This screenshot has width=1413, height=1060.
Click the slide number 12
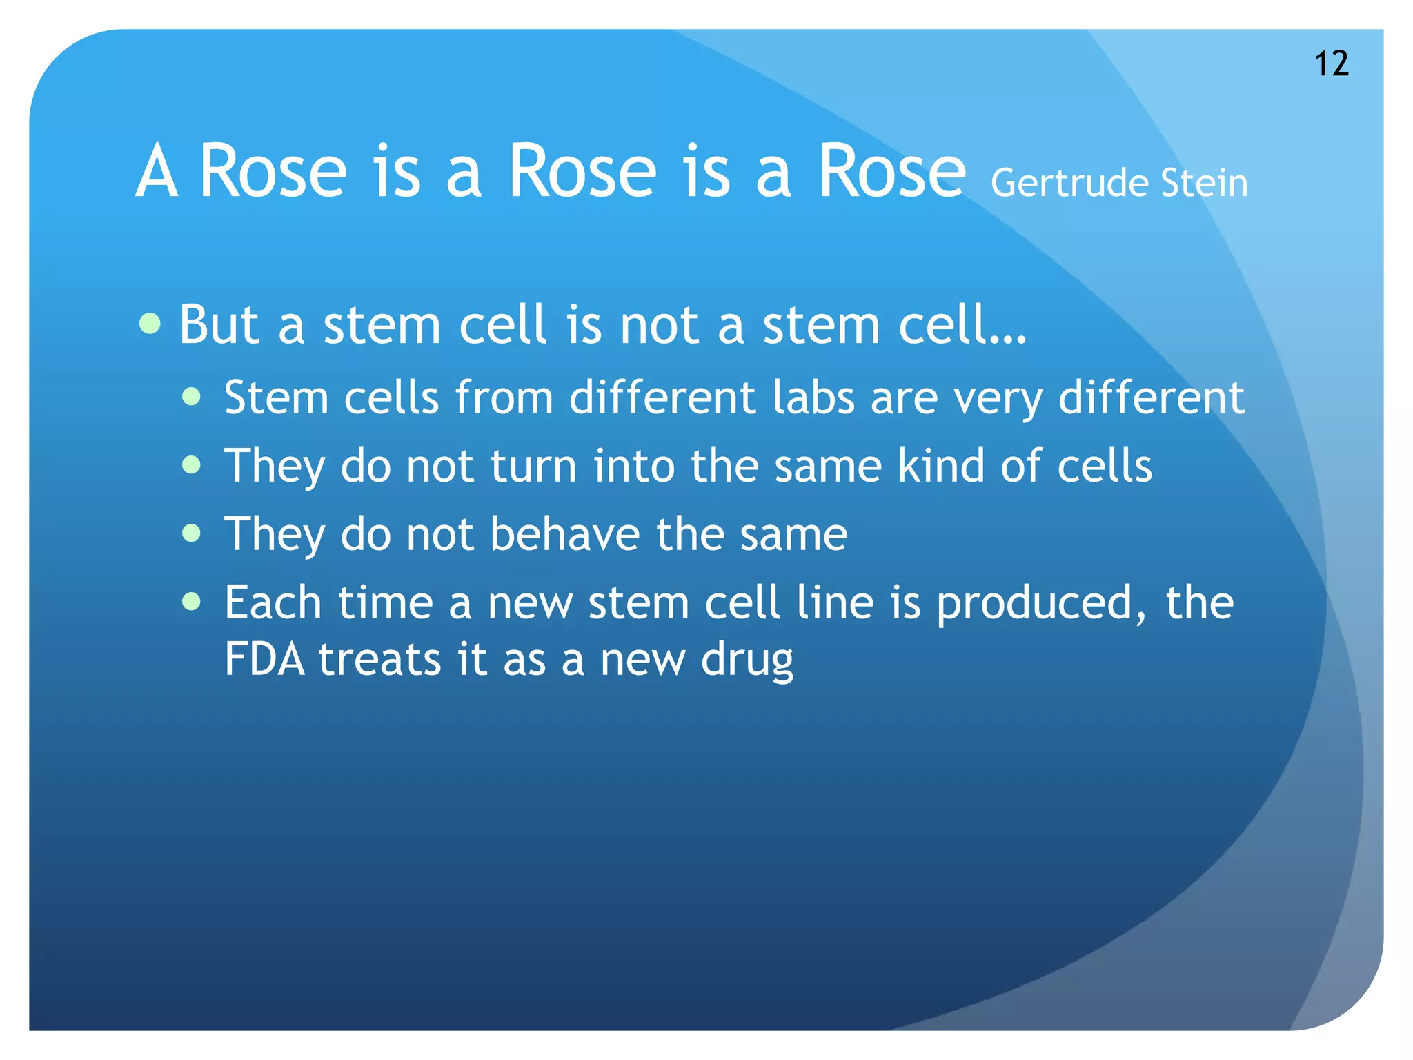point(1331,64)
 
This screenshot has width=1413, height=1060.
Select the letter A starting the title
point(157,172)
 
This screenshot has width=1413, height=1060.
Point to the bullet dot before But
point(150,323)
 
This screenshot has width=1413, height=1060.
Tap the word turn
point(533,466)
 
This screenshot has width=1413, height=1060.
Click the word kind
point(941,466)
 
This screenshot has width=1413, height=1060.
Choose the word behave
point(565,534)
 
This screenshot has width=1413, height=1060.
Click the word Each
point(273,602)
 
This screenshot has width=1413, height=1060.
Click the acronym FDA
point(264,660)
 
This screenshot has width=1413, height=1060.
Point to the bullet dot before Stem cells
point(192,397)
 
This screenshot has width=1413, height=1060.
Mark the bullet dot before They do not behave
point(192,533)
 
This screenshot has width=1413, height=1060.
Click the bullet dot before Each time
point(192,602)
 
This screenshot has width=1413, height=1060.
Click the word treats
point(379,660)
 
